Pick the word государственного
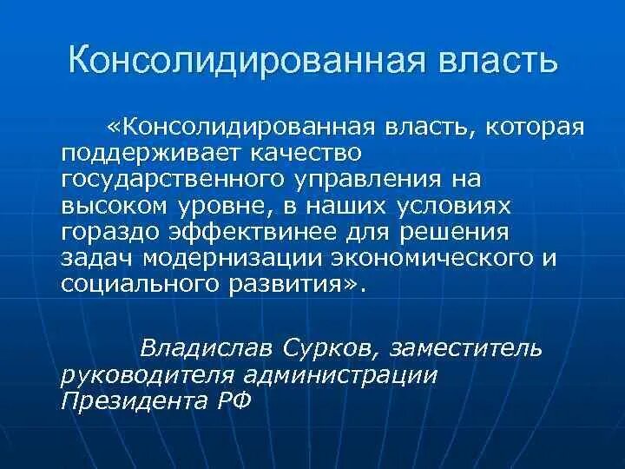point(164,180)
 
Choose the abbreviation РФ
point(231,401)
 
